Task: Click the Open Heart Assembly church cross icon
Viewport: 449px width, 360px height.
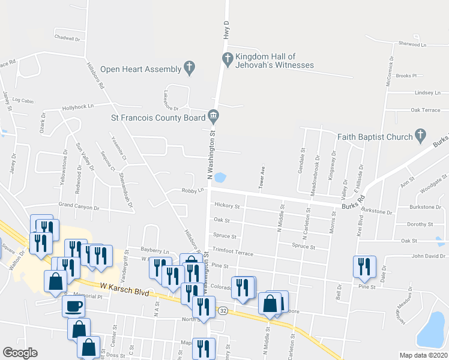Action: click(x=190, y=68)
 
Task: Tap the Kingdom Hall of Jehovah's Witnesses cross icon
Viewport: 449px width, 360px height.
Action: click(x=228, y=59)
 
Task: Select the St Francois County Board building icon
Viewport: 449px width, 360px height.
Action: click(x=213, y=115)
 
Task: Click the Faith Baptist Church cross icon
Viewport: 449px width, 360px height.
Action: click(x=420, y=136)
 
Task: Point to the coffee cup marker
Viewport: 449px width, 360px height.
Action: click(x=73, y=306)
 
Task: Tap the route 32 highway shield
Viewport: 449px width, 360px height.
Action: click(x=223, y=310)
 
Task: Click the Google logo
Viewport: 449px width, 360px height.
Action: click(x=20, y=353)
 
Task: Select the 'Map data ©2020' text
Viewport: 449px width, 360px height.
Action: click(x=423, y=355)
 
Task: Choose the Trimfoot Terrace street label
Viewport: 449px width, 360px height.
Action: click(x=233, y=253)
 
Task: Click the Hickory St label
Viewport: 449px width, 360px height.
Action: click(x=227, y=206)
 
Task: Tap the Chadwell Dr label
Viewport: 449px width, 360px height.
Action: click(x=67, y=38)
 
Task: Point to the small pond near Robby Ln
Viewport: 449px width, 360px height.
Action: click(x=220, y=178)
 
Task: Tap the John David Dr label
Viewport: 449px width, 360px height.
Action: click(x=427, y=256)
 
